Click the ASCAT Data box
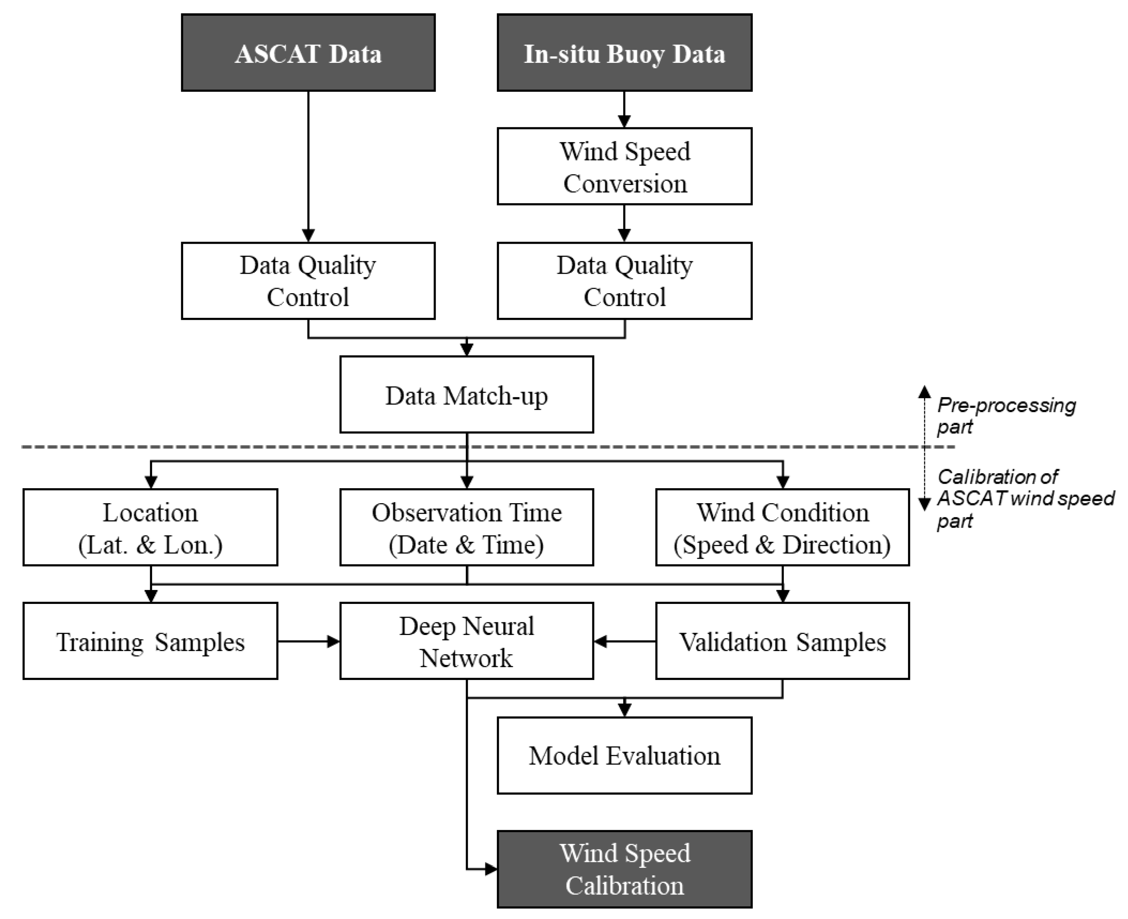(x=308, y=53)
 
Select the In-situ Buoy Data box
(x=624, y=53)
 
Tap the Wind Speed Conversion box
(x=624, y=166)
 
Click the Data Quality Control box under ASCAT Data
(x=308, y=281)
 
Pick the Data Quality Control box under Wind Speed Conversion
(x=624, y=281)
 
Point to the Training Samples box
(x=150, y=641)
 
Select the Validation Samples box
(x=782, y=641)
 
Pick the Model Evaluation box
(x=624, y=755)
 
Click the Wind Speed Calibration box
(x=624, y=869)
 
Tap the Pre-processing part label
(x=1005, y=415)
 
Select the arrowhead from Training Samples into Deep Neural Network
(x=333, y=641)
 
